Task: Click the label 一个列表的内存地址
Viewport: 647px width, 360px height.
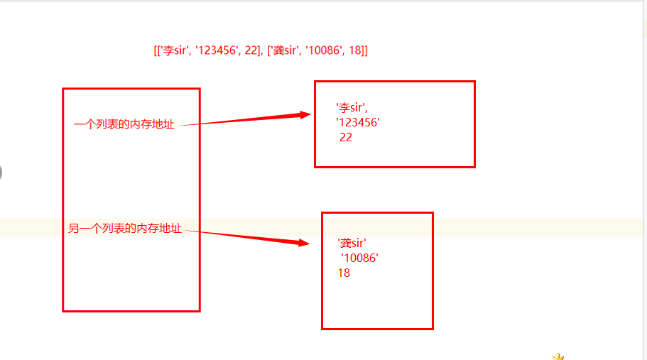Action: coord(124,125)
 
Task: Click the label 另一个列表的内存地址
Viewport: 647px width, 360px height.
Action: coord(125,229)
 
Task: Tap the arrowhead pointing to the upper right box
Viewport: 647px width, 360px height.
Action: coord(305,114)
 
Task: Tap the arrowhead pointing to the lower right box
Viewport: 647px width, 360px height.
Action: coord(304,243)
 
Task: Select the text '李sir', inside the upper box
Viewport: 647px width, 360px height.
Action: coord(352,107)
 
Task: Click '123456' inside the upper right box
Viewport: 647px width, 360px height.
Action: coord(358,122)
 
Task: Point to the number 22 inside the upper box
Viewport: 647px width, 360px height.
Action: coord(346,138)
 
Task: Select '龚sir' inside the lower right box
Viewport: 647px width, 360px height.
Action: coord(352,243)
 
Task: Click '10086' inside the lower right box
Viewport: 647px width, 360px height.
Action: coord(359,258)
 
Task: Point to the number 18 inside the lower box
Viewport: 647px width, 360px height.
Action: coord(344,273)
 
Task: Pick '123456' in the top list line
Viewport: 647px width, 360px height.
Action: coord(217,51)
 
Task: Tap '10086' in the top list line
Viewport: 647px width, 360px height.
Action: coord(325,51)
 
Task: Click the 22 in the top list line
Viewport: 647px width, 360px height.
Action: coord(249,51)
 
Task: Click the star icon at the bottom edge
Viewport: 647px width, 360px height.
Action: coord(558,356)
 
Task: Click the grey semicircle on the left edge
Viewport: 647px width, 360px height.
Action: coord(1,172)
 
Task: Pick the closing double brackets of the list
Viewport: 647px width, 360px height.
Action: coord(364,51)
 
